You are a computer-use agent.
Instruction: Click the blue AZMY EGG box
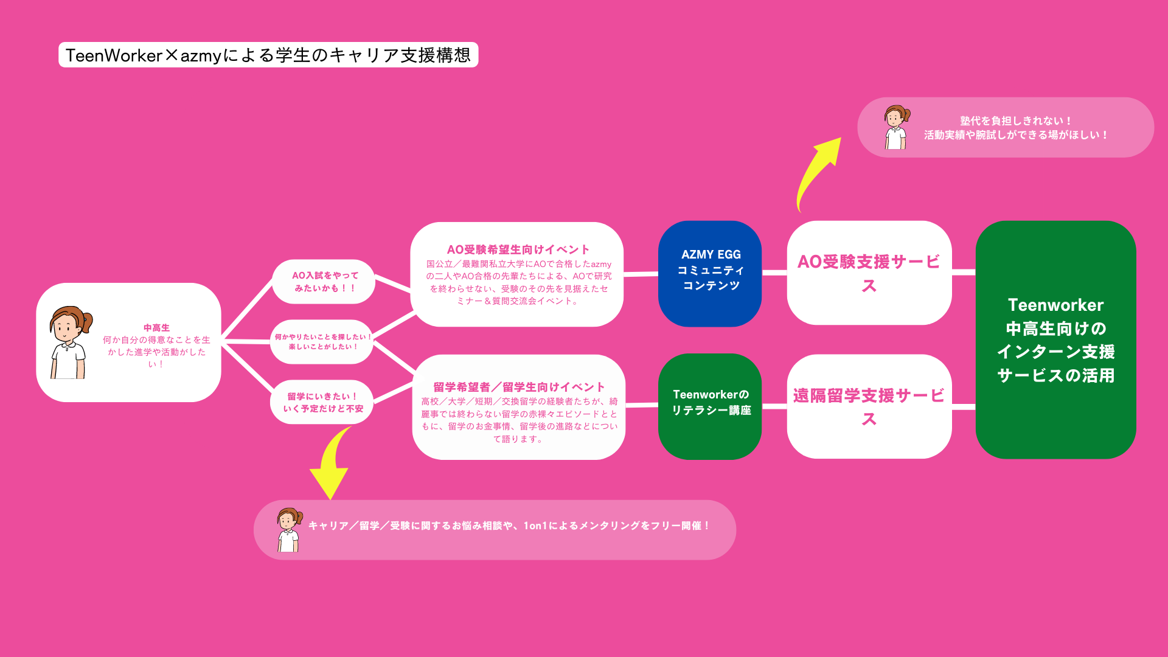[x=710, y=273]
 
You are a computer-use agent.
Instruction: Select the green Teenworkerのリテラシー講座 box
[x=710, y=406]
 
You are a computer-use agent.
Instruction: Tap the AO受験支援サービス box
[x=869, y=273]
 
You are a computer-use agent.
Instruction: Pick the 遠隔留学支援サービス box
[x=869, y=406]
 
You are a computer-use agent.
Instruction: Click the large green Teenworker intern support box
[x=1055, y=339]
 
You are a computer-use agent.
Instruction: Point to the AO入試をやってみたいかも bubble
[x=324, y=282]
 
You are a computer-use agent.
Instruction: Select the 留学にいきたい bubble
[x=322, y=402]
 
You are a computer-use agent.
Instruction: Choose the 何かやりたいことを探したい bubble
[x=322, y=341]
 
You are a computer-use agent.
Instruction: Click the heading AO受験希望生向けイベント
[x=518, y=249]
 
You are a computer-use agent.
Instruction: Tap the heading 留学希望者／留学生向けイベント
[x=519, y=387]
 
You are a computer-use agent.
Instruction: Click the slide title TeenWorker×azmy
[x=268, y=55]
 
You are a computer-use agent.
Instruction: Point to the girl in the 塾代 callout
[x=896, y=127]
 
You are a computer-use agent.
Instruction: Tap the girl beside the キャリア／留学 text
[x=289, y=529]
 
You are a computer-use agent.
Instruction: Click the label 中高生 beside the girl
[x=156, y=328]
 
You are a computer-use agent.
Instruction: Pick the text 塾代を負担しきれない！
[x=1015, y=121]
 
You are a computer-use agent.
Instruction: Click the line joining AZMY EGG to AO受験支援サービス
[x=774, y=273]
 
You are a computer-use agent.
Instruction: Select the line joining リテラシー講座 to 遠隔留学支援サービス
[x=774, y=406]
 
